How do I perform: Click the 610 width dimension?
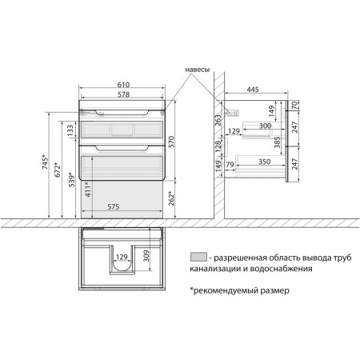click(123, 85)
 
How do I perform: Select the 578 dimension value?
click(123, 94)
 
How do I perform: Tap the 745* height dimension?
click(45, 162)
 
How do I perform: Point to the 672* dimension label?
click(58, 170)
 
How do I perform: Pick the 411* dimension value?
click(88, 190)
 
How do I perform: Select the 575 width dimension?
click(114, 206)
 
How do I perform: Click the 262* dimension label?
click(171, 198)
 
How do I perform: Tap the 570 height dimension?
click(171, 142)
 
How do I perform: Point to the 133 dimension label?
click(70, 130)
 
